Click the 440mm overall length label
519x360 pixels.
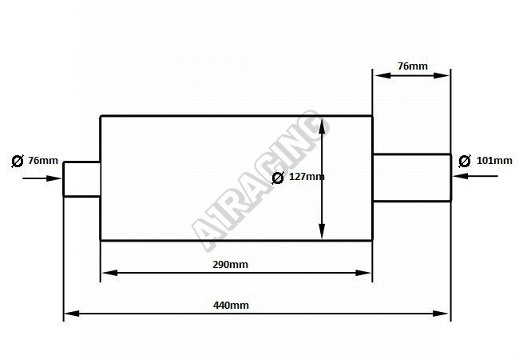tap(231, 305)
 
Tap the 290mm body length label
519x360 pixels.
tap(230, 265)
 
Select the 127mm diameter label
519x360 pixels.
tap(307, 176)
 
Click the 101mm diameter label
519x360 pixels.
tap(494, 161)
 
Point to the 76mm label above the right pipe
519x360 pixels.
tap(413, 66)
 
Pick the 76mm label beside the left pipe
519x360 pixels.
tap(43, 161)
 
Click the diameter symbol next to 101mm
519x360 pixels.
tap(465, 161)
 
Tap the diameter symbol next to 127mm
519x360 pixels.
tap(278, 178)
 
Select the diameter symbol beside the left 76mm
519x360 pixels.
tap(18, 161)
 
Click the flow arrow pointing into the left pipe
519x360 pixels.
tap(42, 178)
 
